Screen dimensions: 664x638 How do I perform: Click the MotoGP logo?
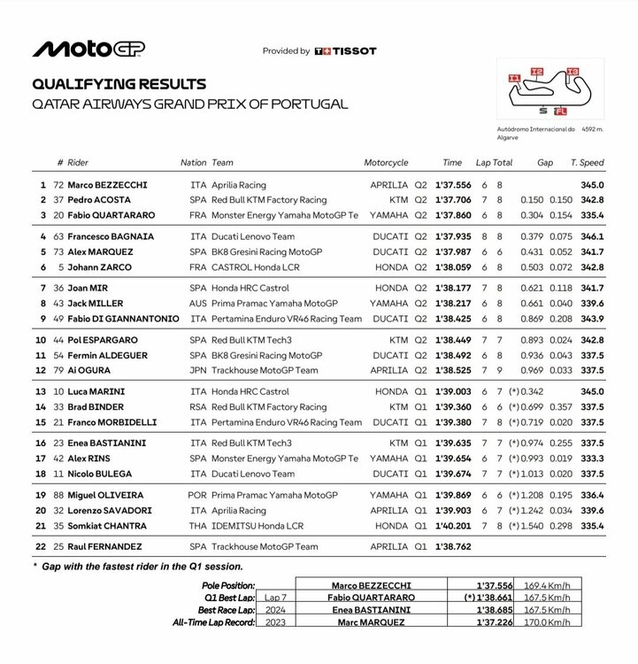click(x=88, y=49)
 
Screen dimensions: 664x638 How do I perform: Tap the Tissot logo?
click(x=346, y=51)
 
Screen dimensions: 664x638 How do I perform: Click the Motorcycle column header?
click(x=386, y=163)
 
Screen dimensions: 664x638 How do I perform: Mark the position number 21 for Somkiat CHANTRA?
click(x=41, y=526)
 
